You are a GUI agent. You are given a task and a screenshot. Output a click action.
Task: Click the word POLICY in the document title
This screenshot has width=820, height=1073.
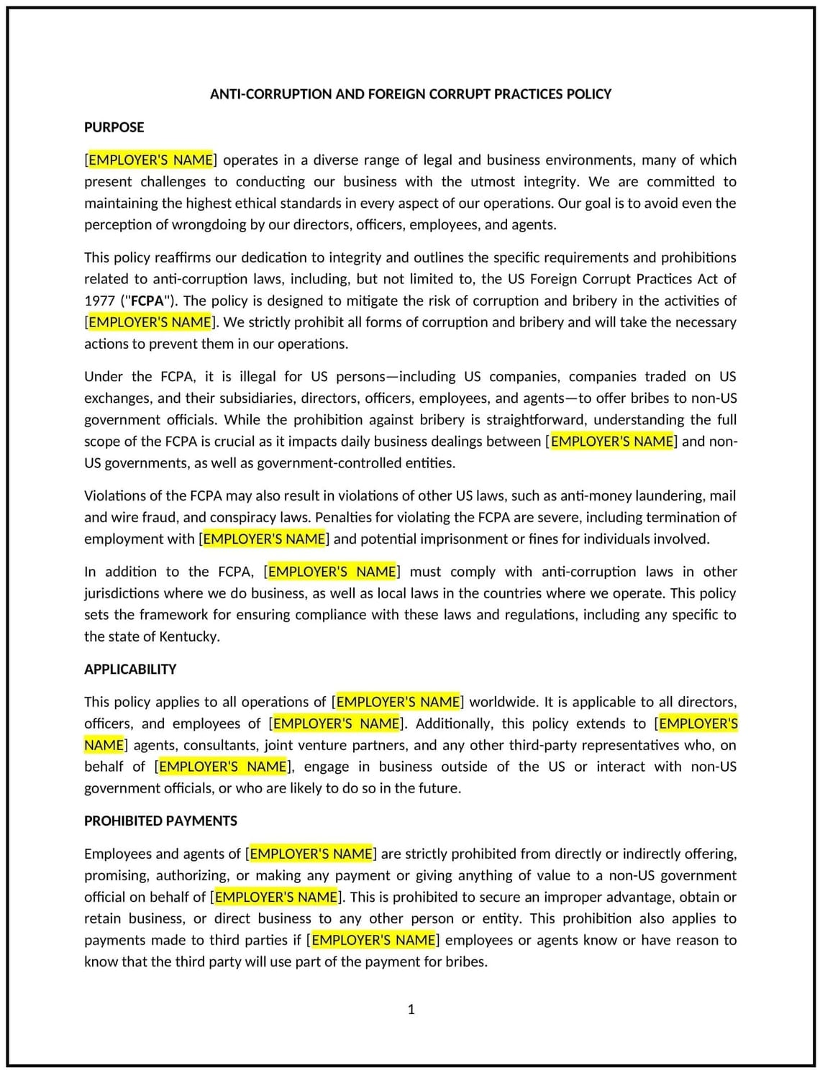[588, 94]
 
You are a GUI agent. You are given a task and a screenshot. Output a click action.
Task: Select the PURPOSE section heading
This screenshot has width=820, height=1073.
[114, 127]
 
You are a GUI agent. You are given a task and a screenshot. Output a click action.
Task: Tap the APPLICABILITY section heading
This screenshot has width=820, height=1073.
[130, 669]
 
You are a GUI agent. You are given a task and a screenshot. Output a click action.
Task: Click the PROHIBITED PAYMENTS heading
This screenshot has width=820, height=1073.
[160, 821]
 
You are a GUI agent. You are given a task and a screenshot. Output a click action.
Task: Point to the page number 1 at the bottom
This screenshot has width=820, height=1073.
[411, 1009]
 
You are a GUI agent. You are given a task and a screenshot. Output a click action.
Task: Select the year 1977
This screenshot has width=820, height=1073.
[99, 301]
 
